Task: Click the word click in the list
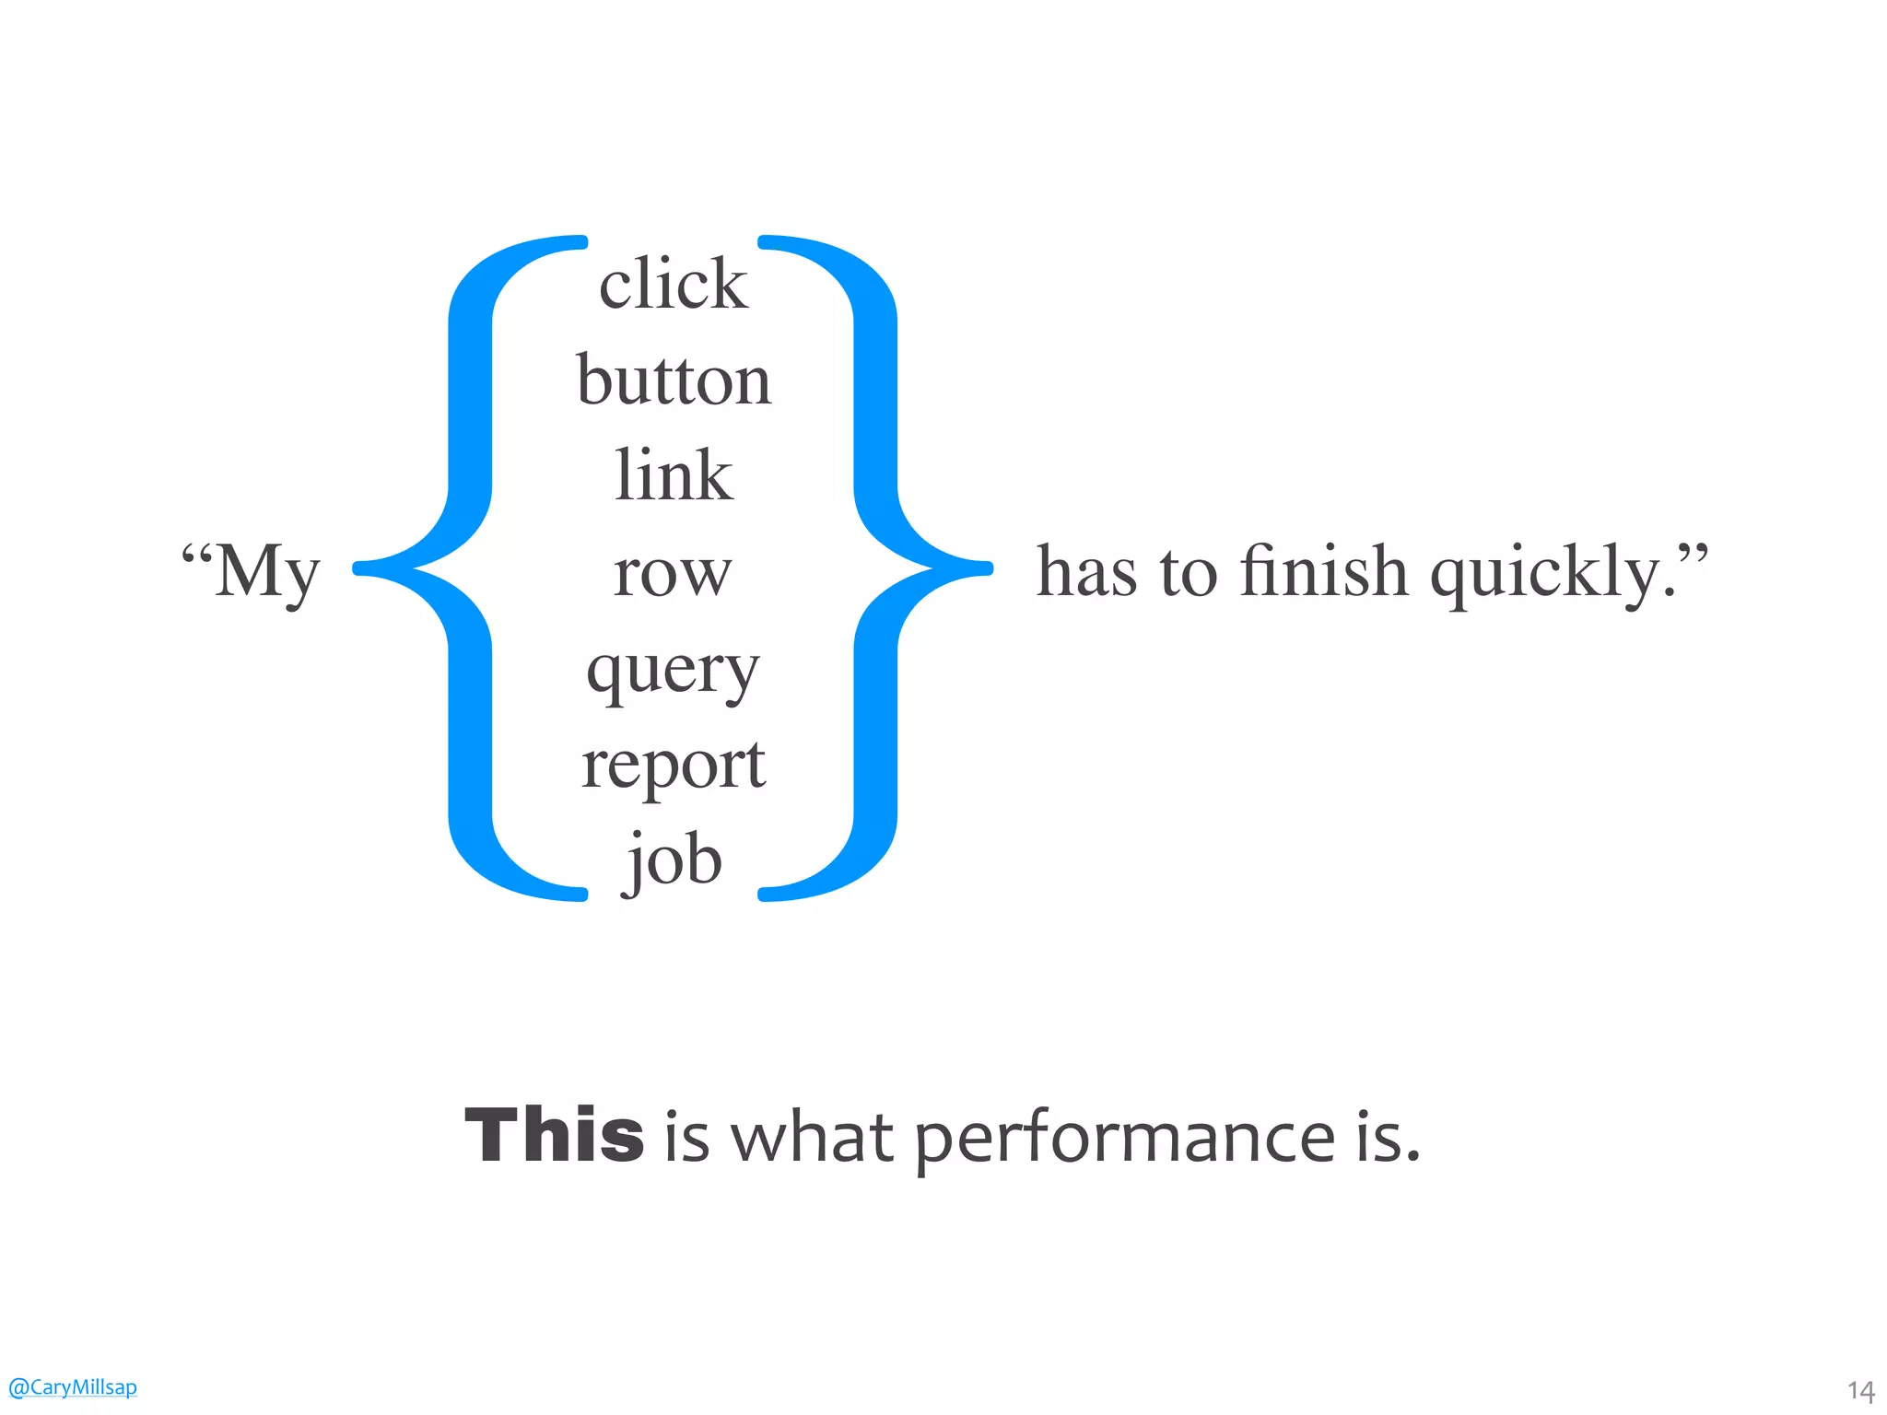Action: (673, 284)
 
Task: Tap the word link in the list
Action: (674, 475)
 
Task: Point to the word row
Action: (673, 574)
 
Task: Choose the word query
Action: (673, 671)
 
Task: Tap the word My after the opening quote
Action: (266, 572)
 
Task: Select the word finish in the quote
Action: (1324, 572)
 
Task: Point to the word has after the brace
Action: (1086, 572)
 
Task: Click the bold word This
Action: (554, 1135)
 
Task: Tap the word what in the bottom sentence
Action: (812, 1137)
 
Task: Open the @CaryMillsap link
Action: (72, 1386)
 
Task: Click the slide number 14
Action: (1860, 1390)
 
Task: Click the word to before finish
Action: (1188, 574)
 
